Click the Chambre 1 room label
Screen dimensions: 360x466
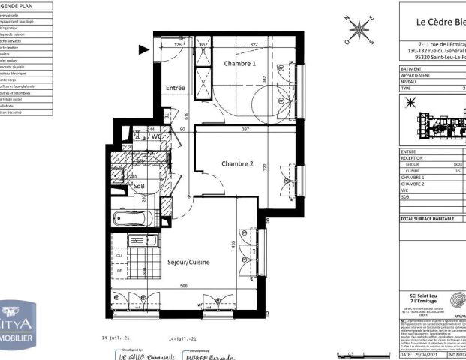(241, 64)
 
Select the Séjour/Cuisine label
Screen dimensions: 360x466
(188, 262)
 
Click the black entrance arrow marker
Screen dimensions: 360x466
(143, 49)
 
